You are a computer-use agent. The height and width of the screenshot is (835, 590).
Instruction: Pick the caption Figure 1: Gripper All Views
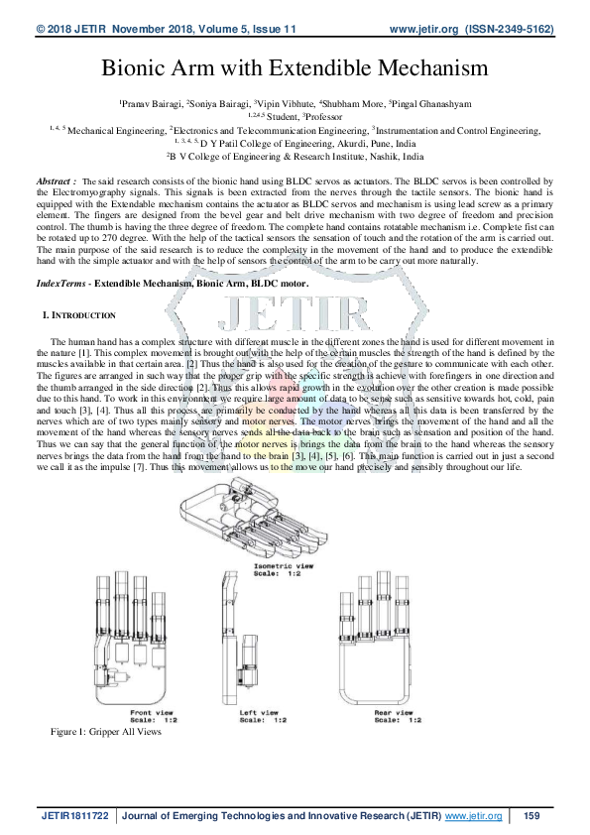(106, 731)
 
